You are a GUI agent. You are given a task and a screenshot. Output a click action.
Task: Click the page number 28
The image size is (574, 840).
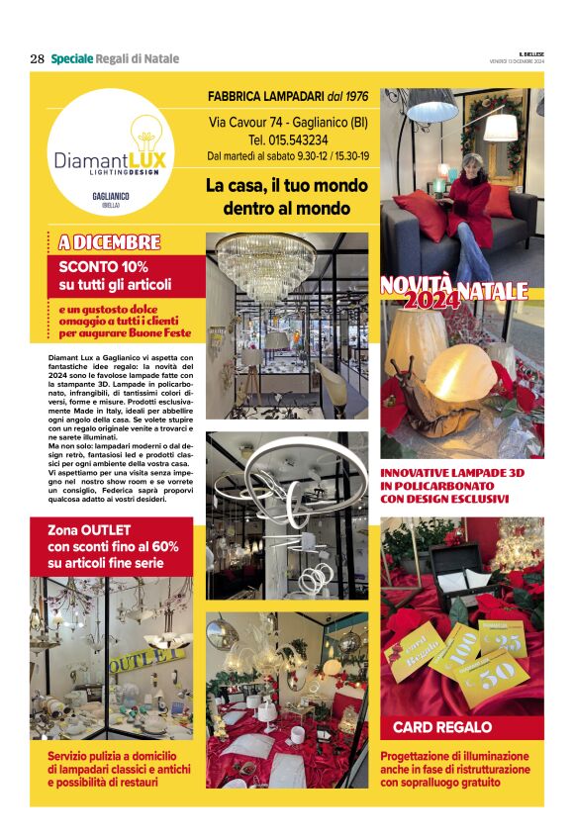click(x=38, y=58)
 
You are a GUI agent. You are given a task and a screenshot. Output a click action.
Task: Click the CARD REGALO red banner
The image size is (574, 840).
click(x=442, y=727)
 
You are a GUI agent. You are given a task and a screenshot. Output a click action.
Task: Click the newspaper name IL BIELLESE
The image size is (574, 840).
click(x=530, y=53)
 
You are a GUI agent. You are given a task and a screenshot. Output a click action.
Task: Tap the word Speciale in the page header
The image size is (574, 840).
click(x=72, y=58)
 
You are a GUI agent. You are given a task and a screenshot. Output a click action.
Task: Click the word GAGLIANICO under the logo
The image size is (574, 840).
click(x=111, y=197)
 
